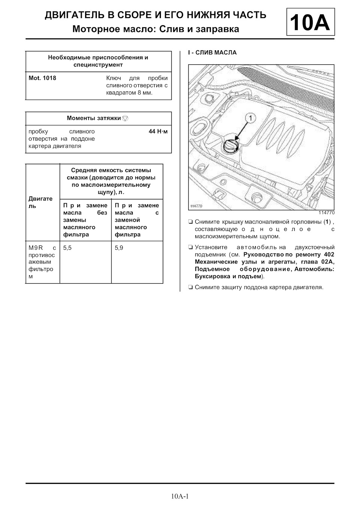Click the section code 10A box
[x=310, y=22]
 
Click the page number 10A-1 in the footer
[x=180, y=496]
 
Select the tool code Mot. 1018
[x=42, y=78]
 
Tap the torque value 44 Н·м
[x=158, y=132]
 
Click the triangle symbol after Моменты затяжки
[x=125, y=118]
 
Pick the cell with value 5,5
[x=67, y=248]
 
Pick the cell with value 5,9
[x=119, y=248]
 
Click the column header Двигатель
[x=40, y=202]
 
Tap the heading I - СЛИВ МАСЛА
[x=212, y=53]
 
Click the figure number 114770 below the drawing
[x=327, y=213]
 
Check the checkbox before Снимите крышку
[x=190, y=222]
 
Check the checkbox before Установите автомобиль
[x=190, y=247]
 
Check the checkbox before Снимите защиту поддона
[x=190, y=287]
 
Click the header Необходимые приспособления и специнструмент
[x=98, y=61]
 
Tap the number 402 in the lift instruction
[x=328, y=254]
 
